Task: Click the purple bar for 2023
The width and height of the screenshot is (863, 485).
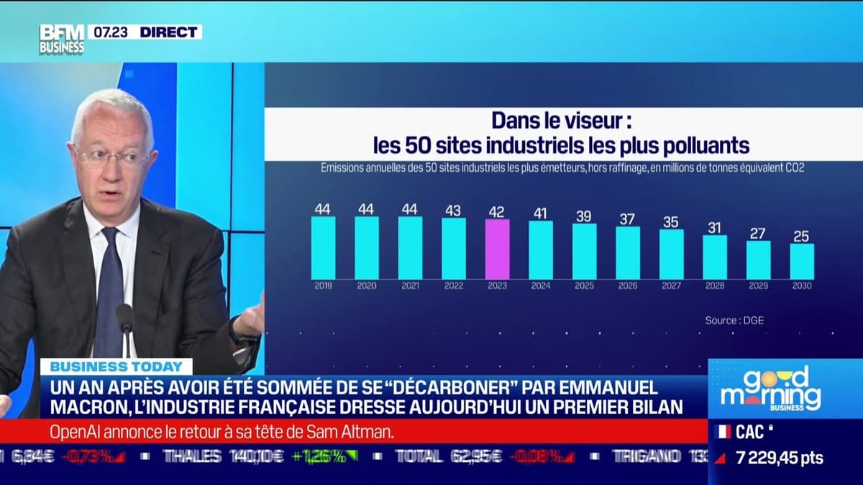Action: pos(497,249)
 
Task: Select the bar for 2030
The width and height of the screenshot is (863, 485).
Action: pos(802,261)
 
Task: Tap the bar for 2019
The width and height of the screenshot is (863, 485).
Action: pos(323,247)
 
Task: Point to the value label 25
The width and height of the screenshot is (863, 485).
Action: pos(802,236)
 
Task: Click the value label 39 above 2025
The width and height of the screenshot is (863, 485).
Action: pos(584,216)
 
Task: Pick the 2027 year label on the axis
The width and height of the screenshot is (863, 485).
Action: pos(671,285)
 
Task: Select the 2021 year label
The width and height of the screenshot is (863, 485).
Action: pos(410,285)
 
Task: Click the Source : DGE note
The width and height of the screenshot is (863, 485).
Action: pos(734,320)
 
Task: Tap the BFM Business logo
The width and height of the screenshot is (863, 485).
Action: pos(61,39)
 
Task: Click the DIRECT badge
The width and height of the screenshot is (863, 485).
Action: pos(168,32)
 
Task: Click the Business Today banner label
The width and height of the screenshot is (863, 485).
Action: pos(116,366)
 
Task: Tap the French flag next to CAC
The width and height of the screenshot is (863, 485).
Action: pos(723,431)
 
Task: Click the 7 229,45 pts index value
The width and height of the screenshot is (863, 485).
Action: pos(780,458)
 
